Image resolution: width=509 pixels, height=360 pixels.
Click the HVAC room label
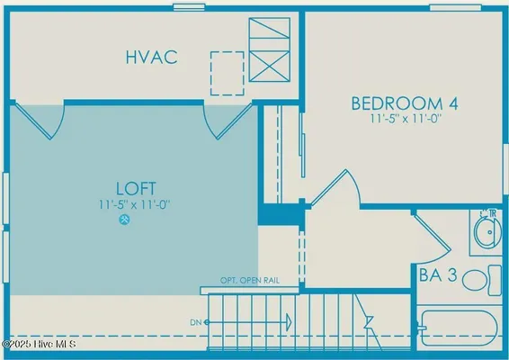tap(149, 58)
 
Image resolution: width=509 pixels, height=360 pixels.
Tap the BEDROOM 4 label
tap(404, 103)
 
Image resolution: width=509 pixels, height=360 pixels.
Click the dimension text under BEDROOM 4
tap(404, 119)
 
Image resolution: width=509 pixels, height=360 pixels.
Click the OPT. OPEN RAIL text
tap(250, 281)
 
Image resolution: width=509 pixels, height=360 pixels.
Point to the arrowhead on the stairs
tap(290, 321)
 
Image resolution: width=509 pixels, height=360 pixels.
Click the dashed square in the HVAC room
tap(227, 72)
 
